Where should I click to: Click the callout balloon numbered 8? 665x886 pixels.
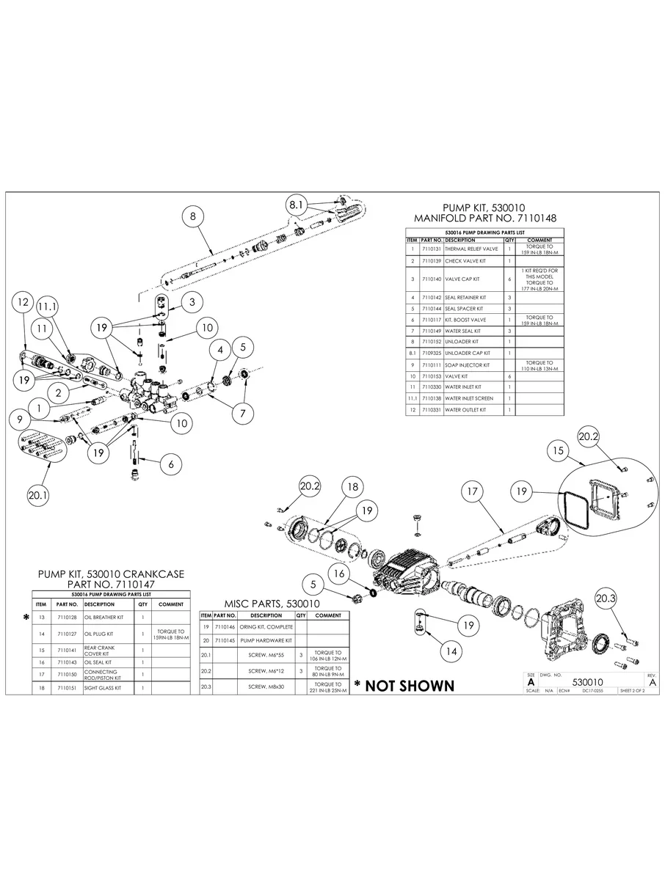tap(192, 216)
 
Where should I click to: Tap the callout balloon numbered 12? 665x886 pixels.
tap(23, 301)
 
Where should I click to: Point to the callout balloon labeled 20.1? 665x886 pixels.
tap(38, 496)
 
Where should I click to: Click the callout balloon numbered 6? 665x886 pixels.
tap(170, 464)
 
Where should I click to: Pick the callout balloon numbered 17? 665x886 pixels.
tap(472, 491)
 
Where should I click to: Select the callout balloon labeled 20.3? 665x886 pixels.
tap(606, 598)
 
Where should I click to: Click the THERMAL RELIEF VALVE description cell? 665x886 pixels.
tap(471, 249)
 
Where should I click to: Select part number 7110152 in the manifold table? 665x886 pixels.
tap(432, 342)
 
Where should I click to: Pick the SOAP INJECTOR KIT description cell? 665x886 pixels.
tap(467, 365)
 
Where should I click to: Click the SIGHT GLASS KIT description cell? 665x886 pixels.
tap(102, 688)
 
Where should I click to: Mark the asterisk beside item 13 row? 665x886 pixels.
tap(26, 618)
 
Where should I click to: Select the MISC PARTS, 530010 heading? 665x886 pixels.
tap(272, 603)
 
